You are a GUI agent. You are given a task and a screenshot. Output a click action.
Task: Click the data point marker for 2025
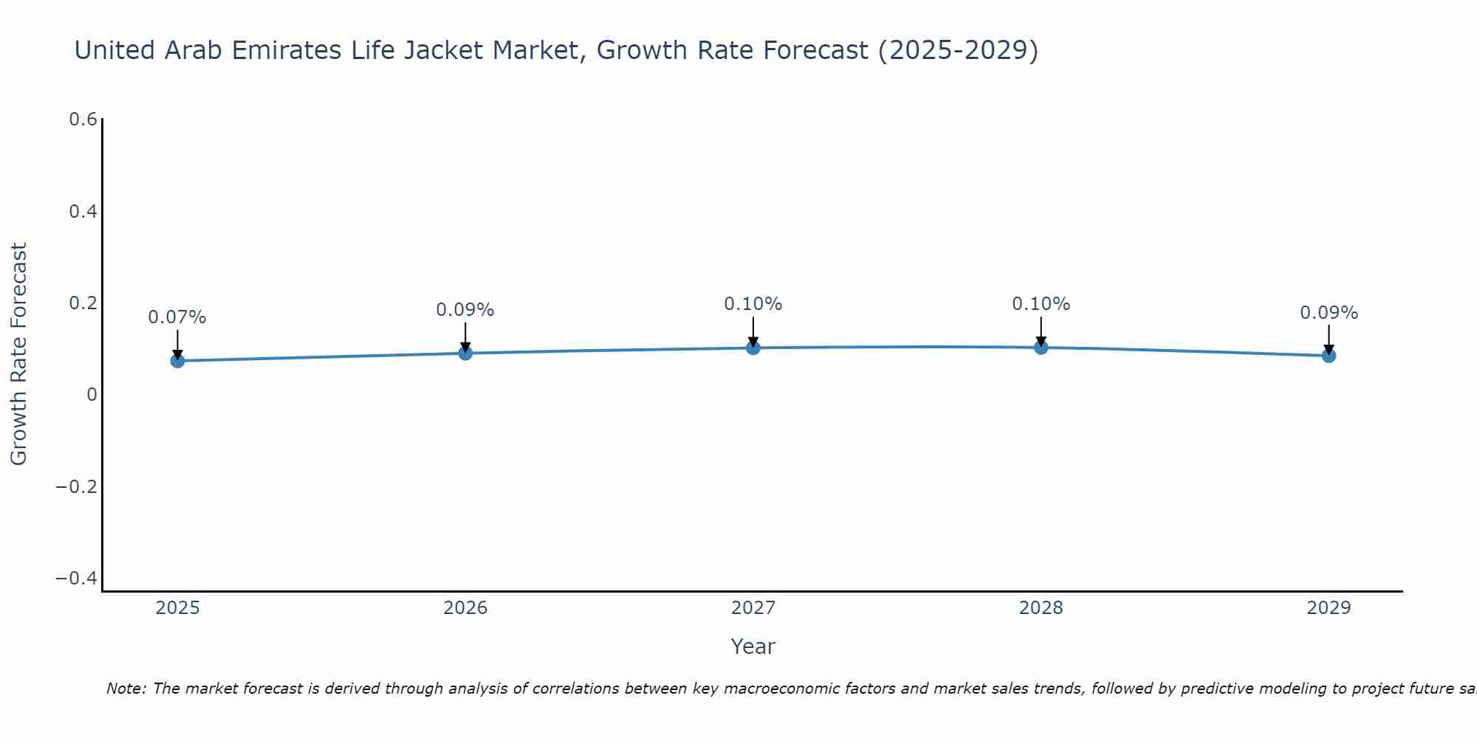[x=177, y=361]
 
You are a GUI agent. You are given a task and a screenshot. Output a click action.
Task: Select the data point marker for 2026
[x=465, y=354]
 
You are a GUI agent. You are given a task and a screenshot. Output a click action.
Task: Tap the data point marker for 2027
[x=753, y=348]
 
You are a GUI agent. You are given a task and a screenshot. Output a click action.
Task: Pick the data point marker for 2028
[x=1041, y=348]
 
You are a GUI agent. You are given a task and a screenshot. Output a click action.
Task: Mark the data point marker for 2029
[x=1329, y=356]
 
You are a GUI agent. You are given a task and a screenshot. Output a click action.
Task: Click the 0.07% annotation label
[x=177, y=317]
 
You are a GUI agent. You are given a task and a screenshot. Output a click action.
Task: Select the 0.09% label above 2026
[x=465, y=310]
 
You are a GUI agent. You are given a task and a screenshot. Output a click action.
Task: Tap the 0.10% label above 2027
[x=753, y=304]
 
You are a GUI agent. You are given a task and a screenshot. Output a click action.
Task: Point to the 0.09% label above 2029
[x=1329, y=313]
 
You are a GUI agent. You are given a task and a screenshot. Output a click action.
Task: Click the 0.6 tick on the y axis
[x=83, y=120]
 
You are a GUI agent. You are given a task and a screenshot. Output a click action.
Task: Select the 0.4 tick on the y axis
[x=83, y=212]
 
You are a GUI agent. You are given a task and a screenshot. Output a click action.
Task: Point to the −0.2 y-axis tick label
[x=77, y=487]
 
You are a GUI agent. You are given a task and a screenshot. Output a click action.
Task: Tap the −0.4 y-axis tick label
[x=77, y=579]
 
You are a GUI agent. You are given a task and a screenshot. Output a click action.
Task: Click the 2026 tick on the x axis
[x=465, y=608]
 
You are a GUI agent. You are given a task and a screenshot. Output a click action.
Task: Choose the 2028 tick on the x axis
[x=1041, y=608]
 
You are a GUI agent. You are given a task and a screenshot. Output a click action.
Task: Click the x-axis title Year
[x=753, y=646]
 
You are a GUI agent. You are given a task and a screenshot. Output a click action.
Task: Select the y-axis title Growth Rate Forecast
[x=18, y=354]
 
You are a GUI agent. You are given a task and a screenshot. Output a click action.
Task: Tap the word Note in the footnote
[x=125, y=689]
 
